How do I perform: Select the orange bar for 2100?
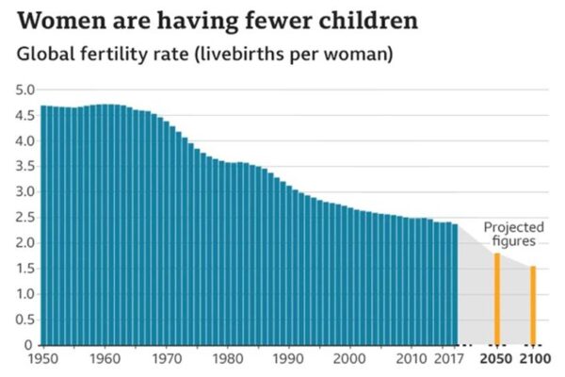click(532, 305)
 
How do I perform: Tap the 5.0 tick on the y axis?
click(24, 90)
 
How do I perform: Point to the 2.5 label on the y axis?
click(24, 218)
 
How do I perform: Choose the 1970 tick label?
click(167, 360)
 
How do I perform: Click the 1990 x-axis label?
click(289, 360)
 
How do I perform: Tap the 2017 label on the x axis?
click(455, 360)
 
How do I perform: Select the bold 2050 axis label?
click(497, 360)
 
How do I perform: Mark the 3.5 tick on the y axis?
click(24, 167)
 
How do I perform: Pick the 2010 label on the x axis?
click(412, 360)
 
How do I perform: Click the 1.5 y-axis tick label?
click(24, 269)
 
